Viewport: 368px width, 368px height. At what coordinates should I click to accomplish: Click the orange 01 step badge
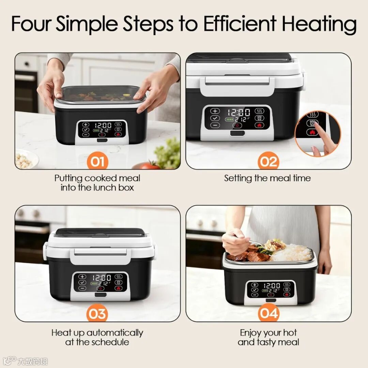[97, 162]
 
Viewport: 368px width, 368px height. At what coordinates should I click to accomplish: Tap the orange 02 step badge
[268, 162]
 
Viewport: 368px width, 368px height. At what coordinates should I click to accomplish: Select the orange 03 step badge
[97, 314]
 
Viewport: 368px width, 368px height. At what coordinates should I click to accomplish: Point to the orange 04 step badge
[268, 313]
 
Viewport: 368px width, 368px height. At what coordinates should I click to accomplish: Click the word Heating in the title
[319, 24]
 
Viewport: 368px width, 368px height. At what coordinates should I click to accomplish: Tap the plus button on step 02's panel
[215, 111]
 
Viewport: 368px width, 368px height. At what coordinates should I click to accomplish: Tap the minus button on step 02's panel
[215, 125]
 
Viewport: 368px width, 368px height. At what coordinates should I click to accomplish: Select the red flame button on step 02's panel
[259, 125]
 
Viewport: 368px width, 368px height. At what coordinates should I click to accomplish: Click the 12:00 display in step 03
[102, 278]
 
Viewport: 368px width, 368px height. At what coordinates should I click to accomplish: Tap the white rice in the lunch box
[291, 253]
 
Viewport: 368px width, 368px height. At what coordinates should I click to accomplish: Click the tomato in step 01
[148, 166]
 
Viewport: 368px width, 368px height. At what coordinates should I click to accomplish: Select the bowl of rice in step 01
[25, 159]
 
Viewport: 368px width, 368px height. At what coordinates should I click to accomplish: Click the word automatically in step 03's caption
[115, 333]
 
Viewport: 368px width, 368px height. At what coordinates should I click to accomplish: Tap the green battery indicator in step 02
[229, 119]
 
